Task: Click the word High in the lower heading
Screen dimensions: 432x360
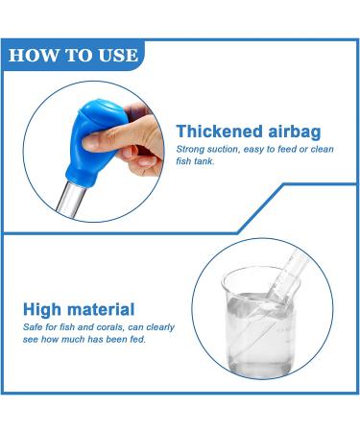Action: pyautogui.click(x=43, y=308)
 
